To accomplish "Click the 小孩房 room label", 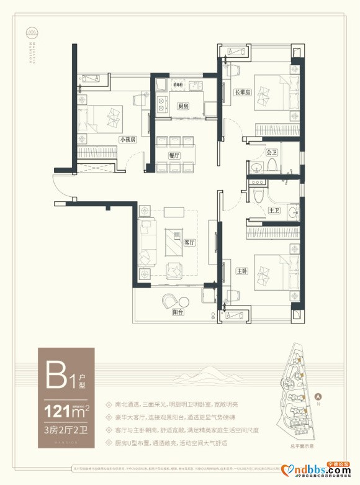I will tap(128, 140).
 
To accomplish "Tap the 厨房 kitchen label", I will tap(182, 106).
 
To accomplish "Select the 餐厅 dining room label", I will tap(174, 155).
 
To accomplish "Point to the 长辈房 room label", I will tap(241, 93).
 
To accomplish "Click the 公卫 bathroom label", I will tap(271, 152).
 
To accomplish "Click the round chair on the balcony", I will tap(169, 302).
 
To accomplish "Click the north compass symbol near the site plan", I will tap(317, 396).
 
